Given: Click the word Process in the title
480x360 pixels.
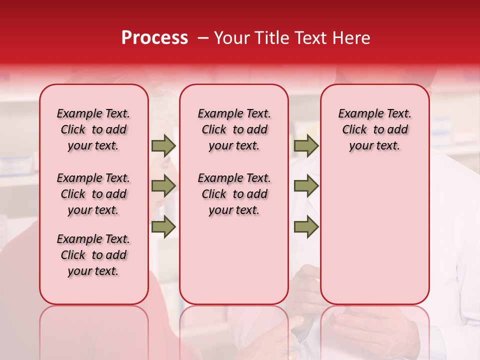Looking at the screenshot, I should coord(154,38).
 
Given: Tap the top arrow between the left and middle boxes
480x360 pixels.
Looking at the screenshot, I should coord(163,145).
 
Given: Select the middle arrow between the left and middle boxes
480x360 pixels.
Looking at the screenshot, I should coord(163,186).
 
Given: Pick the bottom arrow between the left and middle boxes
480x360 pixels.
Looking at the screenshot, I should coord(163,226).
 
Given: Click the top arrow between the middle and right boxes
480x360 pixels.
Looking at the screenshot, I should coord(306,145).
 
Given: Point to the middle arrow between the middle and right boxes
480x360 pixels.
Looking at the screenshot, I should coord(306,186).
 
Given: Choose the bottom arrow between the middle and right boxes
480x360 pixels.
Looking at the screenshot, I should coord(306,226).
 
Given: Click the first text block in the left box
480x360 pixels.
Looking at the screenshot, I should coord(93,129).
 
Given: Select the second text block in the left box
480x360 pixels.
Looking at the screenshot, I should coord(93,194).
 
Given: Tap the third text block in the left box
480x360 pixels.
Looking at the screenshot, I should coord(93,255).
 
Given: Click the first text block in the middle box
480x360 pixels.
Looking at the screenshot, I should coord(234,129).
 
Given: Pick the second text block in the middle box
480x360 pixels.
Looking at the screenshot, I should coord(234,194).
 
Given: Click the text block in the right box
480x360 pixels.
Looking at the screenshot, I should coord(374,129).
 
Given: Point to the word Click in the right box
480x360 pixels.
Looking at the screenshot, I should coord(354,130).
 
